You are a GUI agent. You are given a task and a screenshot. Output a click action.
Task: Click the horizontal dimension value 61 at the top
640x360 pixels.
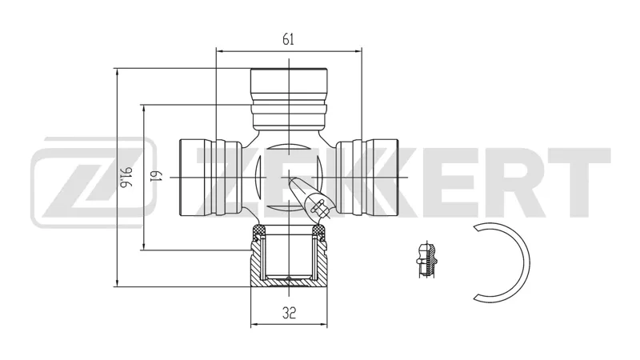288,39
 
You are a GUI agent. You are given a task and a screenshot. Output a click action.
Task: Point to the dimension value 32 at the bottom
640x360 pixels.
289,313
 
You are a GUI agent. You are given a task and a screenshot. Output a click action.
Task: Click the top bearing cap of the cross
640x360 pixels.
289,98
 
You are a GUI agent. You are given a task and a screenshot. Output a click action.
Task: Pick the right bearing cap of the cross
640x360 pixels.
366,177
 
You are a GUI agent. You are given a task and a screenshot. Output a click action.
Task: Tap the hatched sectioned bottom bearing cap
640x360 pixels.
289,256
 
